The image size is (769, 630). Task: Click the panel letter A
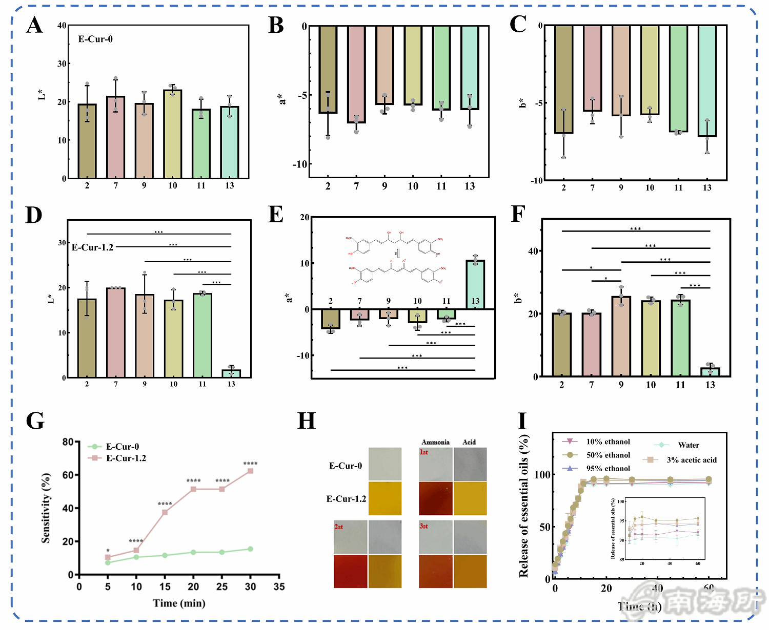click(x=34, y=25)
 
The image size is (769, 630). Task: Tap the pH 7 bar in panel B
click(x=356, y=74)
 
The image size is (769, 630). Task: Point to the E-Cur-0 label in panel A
click(x=95, y=39)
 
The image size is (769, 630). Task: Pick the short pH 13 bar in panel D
click(x=231, y=373)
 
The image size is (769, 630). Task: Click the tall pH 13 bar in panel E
click(x=475, y=285)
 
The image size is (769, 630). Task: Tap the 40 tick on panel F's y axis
click(x=533, y=251)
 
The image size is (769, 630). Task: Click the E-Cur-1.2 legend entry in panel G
click(x=126, y=458)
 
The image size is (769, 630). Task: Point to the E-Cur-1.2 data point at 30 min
click(x=250, y=471)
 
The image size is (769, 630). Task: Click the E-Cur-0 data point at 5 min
click(x=108, y=562)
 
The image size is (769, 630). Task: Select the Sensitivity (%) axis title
click(x=46, y=508)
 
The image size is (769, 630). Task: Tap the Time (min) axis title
click(x=179, y=603)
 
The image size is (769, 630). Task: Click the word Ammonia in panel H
click(x=435, y=442)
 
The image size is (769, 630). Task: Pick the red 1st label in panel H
click(x=424, y=452)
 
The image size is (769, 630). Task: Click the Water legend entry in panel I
click(x=688, y=445)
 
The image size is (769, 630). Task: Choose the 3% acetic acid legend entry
click(x=691, y=460)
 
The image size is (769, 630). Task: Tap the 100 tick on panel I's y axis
click(x=542, y=474)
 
